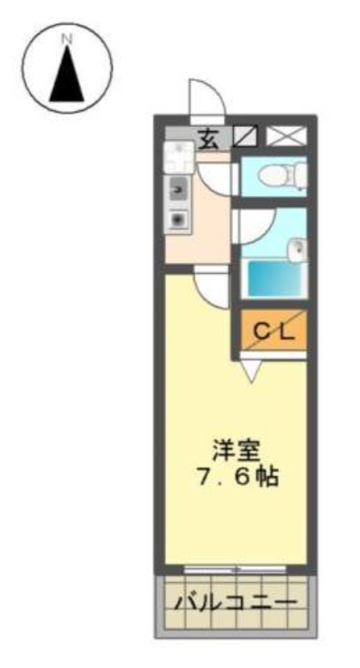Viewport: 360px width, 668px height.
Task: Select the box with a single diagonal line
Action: point(246,136)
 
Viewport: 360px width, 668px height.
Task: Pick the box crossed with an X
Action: point(286,135)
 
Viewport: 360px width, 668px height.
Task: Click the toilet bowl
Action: point(281,175)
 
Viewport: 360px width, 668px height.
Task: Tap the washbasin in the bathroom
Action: point(297,250)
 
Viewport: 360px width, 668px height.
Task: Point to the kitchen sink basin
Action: point(176,189)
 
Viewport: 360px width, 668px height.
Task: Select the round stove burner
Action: point(176,220)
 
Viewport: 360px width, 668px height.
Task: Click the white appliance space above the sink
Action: point(179,157)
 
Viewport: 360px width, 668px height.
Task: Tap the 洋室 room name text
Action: point(236,453)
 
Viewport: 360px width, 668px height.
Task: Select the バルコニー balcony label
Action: point(236,602)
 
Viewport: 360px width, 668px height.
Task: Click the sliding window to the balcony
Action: point(235,569)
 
